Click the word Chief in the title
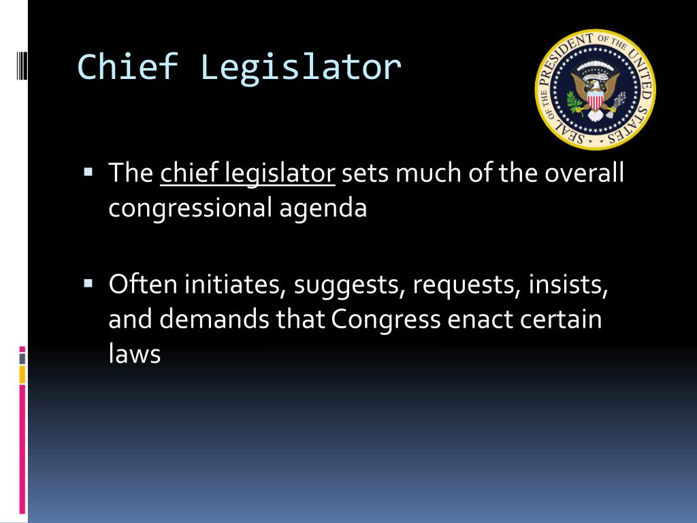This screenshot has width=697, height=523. pos(128,67)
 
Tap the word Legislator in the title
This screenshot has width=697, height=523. pos(301,69)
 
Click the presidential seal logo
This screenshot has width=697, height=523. pos(595,90)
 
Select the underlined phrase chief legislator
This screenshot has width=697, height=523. pos(248,173)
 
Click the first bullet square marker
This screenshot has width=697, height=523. pos(88,172)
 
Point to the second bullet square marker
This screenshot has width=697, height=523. pos(88,283)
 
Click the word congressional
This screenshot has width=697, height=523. pos(191,208)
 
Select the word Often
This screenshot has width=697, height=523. pos(143,283)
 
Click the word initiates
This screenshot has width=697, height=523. pos(236,285)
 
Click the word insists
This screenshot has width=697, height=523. pos(568,285)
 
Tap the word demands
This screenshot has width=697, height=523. pos(214,319)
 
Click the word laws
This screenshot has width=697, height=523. pos(134,353)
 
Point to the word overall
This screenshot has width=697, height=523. pos(585,172)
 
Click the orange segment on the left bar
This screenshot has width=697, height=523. pos(22,375)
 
